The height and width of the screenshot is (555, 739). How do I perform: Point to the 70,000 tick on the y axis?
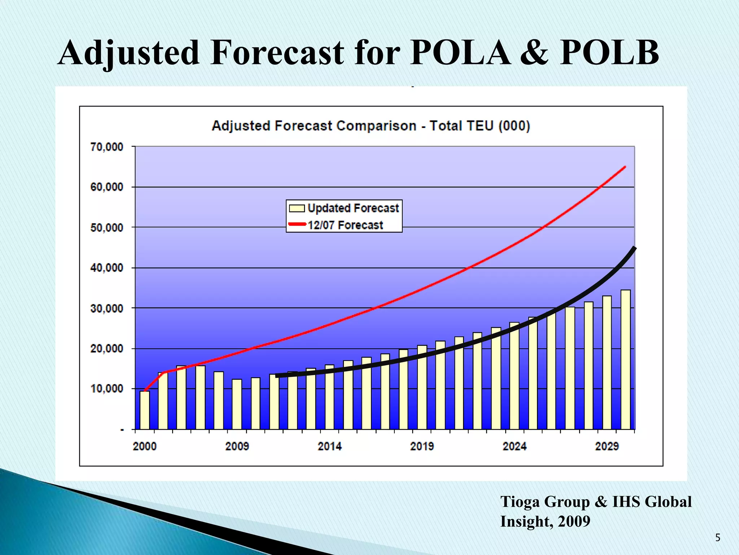click(x=107, y=147)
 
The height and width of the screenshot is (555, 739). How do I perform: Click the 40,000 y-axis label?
click(x=107, y=268)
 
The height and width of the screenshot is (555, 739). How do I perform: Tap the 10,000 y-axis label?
click(x=107, y=389)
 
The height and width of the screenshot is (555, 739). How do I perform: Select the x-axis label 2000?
click(x=145, y=446)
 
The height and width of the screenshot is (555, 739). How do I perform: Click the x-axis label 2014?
click(x=329, y=446)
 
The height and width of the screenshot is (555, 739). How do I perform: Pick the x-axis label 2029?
click(x=607, y=446)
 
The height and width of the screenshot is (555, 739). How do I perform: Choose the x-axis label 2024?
click(x=515, y=446)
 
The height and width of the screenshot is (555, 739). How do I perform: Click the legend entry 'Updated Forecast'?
click(x=353, y=208)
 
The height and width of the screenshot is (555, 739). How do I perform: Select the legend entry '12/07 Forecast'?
click(x=345, y=225)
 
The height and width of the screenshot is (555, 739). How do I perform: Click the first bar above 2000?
click(x=145, y=410)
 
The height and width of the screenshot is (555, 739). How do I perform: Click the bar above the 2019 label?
click(x=422, y=387)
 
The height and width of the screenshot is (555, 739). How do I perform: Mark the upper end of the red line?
click(x=625, y=167)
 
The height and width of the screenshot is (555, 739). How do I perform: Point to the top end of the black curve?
click(x=634, y=248)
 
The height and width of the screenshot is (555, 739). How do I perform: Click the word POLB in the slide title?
click(x=609, y=53)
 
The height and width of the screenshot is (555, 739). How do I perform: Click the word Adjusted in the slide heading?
click(x=128, y=53)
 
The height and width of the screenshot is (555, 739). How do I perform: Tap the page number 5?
click(x=718, y=538)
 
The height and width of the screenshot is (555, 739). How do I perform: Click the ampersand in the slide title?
click(x=534, y=53)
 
